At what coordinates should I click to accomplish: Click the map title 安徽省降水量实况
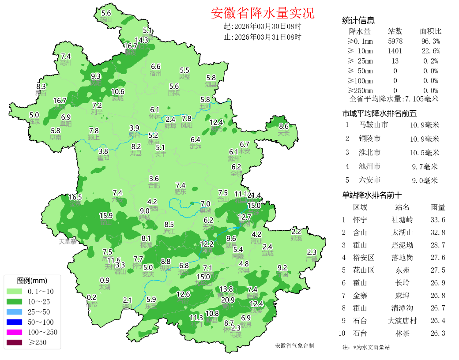pyautogui.click(x=263, y=13)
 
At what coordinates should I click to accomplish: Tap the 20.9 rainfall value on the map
pyautogui.click(x=228, y=300)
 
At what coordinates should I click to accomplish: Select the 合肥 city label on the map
pyautogui.click(x=154, y=186)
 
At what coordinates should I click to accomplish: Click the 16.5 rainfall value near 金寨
pyautogui.click(x=75, y=197)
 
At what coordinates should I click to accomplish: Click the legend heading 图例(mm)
pyautogui.click(x=32, y=281)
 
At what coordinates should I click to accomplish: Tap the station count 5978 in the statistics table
pyautogui.click(x=395, y=41)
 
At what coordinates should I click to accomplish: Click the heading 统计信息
pyautogui.click(x=358, y=20)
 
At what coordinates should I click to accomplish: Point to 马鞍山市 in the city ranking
pyautogui.click(x=374, y=125)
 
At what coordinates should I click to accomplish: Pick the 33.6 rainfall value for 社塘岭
pyautogui.click(x=437, y=220)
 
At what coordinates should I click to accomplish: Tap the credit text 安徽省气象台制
pyautogui.click(x=294, y=345)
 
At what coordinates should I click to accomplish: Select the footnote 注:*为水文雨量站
pyautogui.click(x=366, y=347)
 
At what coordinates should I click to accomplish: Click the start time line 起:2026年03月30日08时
pyautogui.click(x=263, y=26)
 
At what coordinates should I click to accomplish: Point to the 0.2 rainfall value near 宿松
pyautogui.click(x=92, y=297)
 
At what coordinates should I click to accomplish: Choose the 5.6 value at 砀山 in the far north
pyautogui.click(x=106, y=13)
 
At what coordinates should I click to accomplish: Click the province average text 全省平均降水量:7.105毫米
pyautogui.click(x=394, y=99)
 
